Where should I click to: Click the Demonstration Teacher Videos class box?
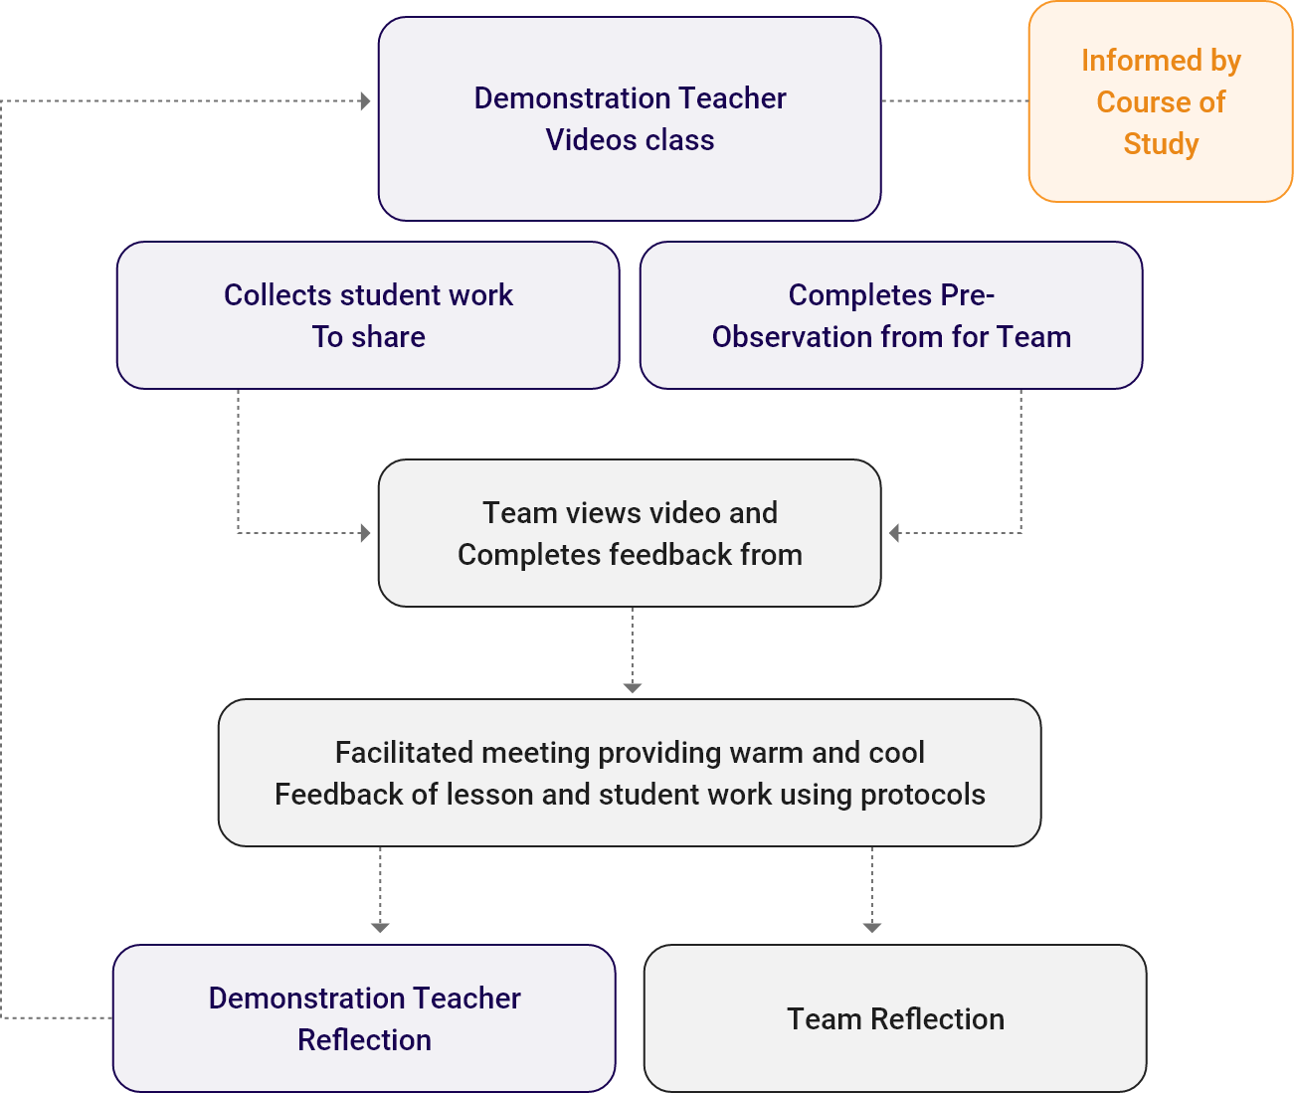click(630, 119)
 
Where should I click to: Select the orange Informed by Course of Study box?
click(1161, 101)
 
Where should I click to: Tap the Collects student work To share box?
click(368, 315)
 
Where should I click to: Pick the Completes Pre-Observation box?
click(891, 315)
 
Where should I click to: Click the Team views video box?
click(630, 533)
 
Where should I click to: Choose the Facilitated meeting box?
click(630, 773)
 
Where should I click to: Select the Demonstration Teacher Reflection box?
click(364, 1018)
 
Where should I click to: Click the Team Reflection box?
click(895, 1018)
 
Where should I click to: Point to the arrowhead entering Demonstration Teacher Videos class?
click(365, 101)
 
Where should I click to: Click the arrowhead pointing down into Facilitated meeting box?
click(633, 687)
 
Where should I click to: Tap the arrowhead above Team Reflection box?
click(872, 927)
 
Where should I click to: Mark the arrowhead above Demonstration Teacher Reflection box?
click(380, 927)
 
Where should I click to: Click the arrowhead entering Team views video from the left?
click(365, 533)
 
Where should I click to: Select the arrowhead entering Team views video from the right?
click(894, 533)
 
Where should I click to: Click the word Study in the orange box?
click(1161, 144)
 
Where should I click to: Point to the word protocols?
click(922, 795)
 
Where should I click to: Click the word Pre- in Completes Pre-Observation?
click(967, 295)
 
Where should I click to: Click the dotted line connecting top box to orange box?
click(955, 101)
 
